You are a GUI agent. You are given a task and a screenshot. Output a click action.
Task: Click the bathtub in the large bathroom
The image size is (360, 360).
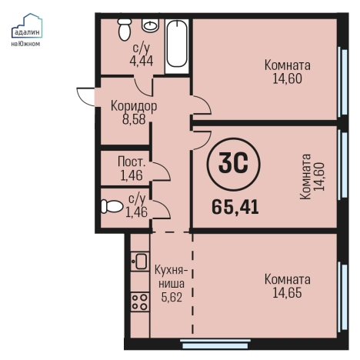click(x=176, y=46)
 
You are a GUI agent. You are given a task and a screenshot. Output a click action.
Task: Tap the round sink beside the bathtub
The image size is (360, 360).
click(x=150, y=25)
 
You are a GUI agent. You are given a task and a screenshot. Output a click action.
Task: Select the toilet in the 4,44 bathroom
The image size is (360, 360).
click(x=125, y=29)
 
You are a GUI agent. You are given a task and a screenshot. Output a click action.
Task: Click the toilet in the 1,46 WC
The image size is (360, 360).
click(x=112, y=206)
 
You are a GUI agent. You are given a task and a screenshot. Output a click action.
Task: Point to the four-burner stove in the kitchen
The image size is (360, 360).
click(x=140, y=302)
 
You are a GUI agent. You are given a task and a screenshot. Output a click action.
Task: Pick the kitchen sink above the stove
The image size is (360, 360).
click(x=140, y=262)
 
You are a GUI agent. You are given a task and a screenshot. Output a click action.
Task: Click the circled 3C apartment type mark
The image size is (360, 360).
click(x=233, y=164)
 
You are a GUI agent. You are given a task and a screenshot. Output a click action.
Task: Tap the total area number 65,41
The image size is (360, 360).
click(x=235, y=207)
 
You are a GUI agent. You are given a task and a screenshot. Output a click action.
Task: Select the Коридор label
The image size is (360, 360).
click(x=134, y=106)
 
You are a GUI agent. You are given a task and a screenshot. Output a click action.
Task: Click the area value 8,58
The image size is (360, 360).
click(x=134, y=119)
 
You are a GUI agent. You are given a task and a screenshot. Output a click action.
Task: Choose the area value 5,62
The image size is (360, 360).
click(x=172, y=297)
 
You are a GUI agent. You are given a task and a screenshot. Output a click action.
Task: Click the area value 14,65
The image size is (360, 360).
click(x=287, y=292)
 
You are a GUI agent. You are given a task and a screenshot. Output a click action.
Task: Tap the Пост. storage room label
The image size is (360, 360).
click(x=132, y=162)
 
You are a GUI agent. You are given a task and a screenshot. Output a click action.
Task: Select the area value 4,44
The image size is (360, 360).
click(x=142, y=61)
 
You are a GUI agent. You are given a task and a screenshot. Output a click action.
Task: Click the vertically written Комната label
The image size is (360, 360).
click(x=305, y=177)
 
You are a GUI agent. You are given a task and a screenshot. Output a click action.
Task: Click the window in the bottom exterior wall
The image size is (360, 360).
click(x=215, y=344)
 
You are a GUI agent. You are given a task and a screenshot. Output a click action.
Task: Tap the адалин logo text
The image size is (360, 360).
click(x=27, y=32)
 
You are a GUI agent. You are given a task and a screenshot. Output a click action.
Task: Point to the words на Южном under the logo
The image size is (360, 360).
click(x=25, y=44)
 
